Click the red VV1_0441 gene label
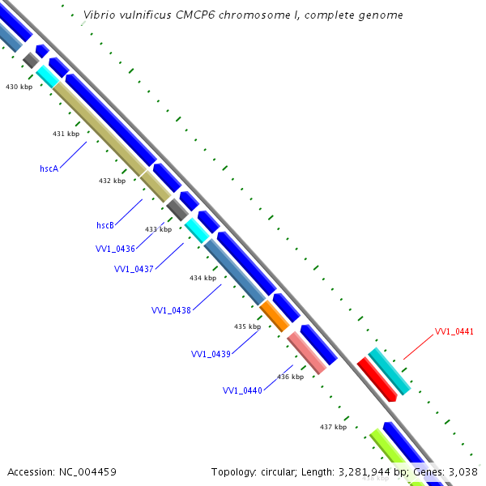(x=454, y=331)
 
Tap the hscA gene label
(x=49, y=168)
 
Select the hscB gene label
(x=105, y=224)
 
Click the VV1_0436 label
(x=115, y=249)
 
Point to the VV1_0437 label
(x=134, y=269)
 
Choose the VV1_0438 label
(x=171, y=310)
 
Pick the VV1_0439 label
(x=211, y=354)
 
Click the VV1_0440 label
(x=242, y=390)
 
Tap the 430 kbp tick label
(x=19, y=86)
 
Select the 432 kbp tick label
(x=112, y=181)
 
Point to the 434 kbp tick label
(x=202, y=278)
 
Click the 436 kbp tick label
(x=290, y=377)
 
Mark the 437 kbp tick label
(x=333, y=427)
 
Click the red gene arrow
(x=377, y=379)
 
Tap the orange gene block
(x=275, y=314)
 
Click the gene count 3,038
(x=462, y=471)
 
